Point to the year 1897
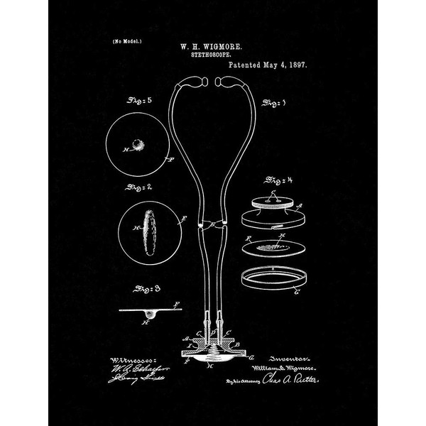304,65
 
